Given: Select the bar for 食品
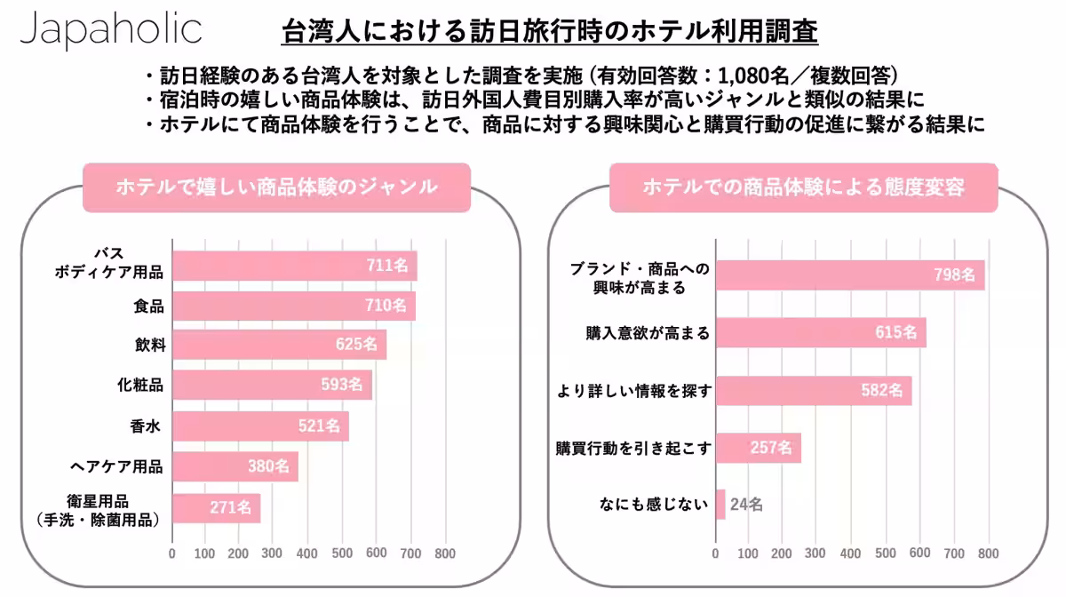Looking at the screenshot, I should pos(293,306).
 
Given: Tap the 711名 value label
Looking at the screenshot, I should pos(386,265).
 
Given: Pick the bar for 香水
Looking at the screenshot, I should pos(260,426).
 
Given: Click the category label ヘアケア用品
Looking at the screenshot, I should pos(116,466).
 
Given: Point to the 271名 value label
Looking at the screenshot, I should pos(230,509).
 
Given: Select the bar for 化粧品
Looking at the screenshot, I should pos(272,386).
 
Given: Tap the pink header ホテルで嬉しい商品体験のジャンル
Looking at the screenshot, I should pos(276,187).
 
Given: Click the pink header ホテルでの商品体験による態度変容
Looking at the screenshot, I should pos(803,187).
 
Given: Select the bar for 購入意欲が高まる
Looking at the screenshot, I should pos(821,333).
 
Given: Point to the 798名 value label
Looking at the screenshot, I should pos(955,275).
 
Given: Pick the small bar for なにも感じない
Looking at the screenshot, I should pos(720,505).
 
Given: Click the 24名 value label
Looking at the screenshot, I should pos(746,505).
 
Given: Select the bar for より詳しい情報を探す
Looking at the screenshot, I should pos(814,390).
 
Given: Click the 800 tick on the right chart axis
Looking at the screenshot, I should pos(988,553).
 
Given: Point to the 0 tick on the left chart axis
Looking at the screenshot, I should pos(171,553).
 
